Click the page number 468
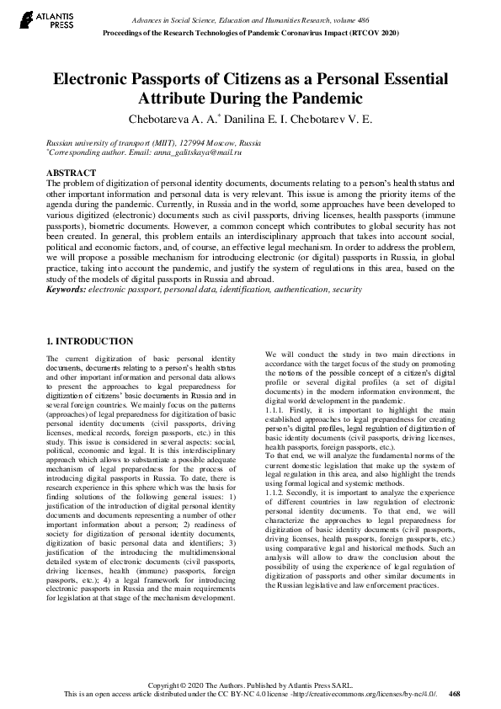tap(455, 695)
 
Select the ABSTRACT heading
tap(72, 173)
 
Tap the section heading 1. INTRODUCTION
tap(88, 341)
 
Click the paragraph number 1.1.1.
tap(276, 411)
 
